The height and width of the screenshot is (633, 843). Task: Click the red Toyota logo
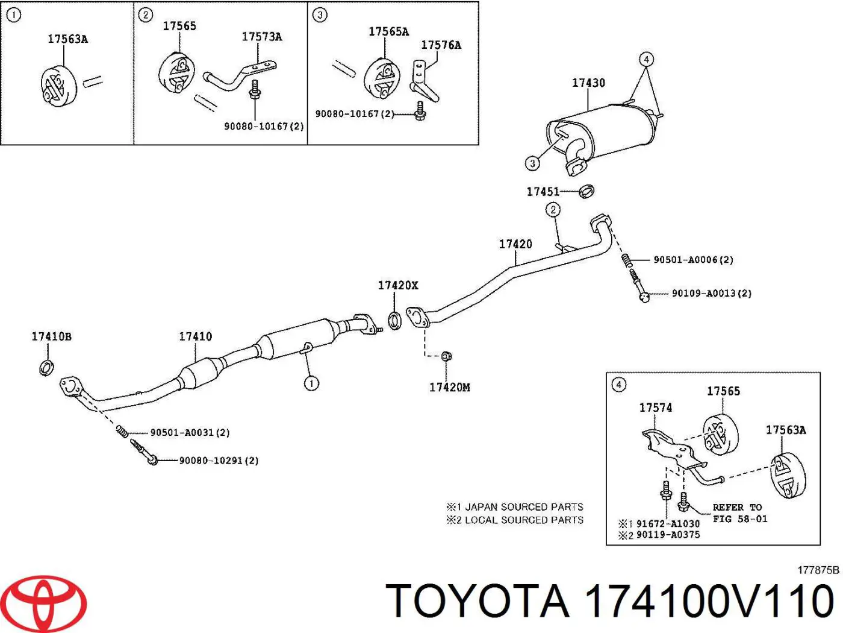click(x=47, y=603)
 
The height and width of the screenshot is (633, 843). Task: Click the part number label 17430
click(x=588, y=83)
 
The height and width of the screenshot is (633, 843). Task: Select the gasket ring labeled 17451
click(x=586, y=191)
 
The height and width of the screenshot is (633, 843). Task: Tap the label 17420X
click(x=398, y=285)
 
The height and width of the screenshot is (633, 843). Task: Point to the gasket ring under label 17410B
click(x=46, y=368)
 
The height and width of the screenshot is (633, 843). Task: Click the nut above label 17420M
click(x=446, y=356)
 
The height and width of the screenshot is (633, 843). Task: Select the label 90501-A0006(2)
click(x=693, y=260)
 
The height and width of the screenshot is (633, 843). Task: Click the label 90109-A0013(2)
click(x=711, y=294)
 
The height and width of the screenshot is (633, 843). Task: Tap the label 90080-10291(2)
click(x=219, y=461)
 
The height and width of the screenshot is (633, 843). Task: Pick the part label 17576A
click(x=441, y=45)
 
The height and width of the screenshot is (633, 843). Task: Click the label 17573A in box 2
click(x=261, y=37)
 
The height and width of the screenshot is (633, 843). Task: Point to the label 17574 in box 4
click(x=656, y=408)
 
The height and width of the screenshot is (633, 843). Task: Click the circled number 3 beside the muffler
click(x=532, y=164)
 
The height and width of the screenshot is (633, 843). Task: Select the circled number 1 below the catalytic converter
click(x=311, y=383)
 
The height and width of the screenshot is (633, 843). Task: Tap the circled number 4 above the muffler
click(x=646, y=60)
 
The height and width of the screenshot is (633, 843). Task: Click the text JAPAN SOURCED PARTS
click(x=524, y=507)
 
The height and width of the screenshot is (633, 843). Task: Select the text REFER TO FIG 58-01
click(x=739, y=513)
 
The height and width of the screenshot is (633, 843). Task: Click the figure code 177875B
click(x=818, y=570)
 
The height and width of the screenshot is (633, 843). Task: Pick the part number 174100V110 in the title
click(x=709, y=601)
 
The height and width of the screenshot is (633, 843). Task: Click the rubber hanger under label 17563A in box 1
click(x=58, y=87)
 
